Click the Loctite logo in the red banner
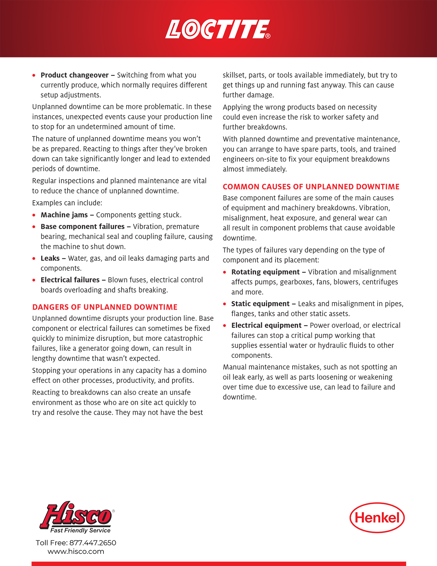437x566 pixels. click(x=218, y=29)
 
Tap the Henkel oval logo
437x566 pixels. click(x=377, y=517)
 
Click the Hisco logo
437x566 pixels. click(x=76, y=515)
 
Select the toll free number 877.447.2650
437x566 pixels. click(x=93, y=543)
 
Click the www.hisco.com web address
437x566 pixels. click(x=76, y=551)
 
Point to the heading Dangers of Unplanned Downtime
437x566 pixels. click(x=105, y=307)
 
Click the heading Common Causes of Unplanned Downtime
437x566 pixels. click(x=311, y=187)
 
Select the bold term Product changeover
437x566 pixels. click(x=74, y=75)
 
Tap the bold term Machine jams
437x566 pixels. click(x=64, y=215)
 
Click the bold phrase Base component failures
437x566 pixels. click(x=83, y=227)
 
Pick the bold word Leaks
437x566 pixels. click(x=50, y=258)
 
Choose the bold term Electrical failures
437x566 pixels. click(x=70, y=280)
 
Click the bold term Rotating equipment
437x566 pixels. click(x=265, y=272)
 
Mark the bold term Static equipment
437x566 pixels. click(x=260, y=304)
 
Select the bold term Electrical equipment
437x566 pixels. click(x=266, y=325)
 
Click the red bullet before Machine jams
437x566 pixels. click(x=34, y=215)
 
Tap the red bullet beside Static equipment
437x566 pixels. click(x=225, y=304)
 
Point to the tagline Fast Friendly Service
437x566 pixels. click(x=80, y=530)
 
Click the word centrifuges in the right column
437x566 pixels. click(x=380, y=282)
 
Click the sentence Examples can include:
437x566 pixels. click(x=67, y=203)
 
